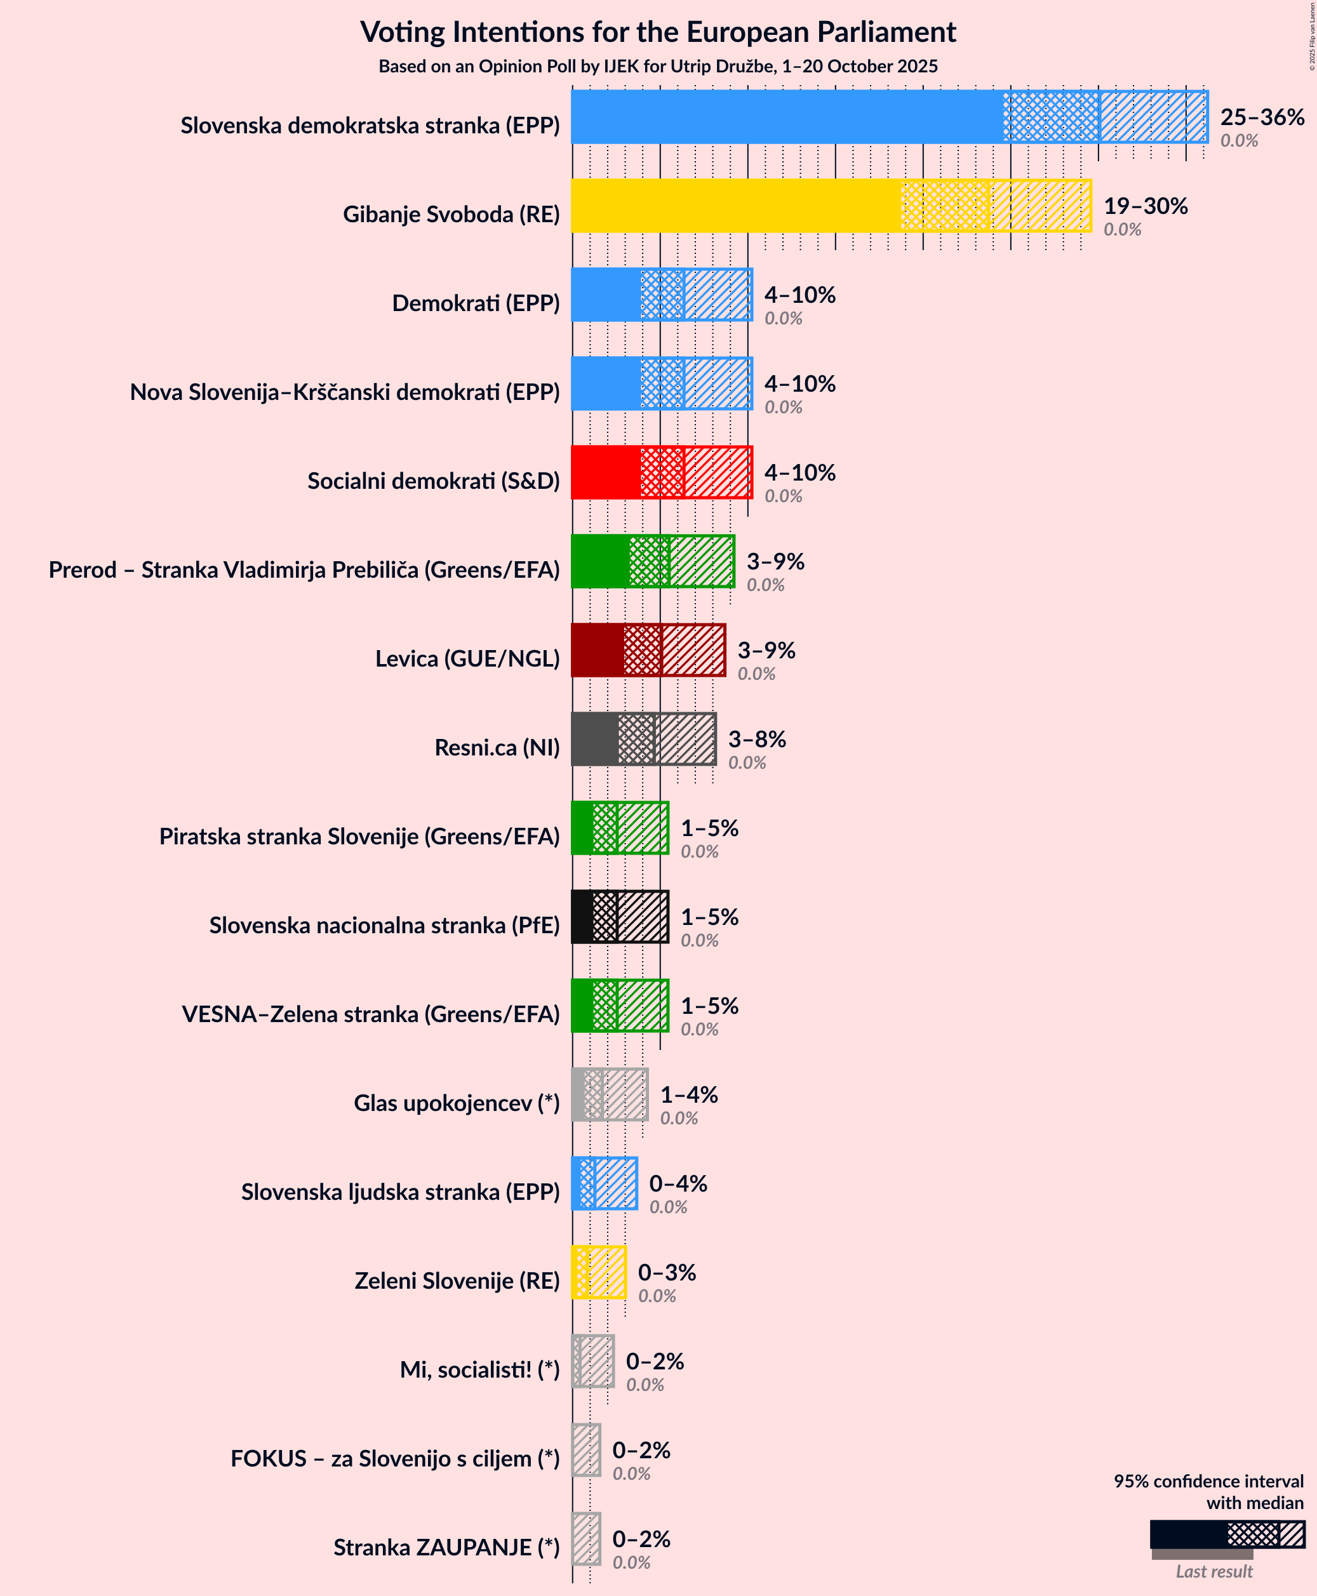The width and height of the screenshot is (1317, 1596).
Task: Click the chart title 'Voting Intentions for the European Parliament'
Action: coord(658,32)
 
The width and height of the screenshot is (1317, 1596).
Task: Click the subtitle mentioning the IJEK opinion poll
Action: coord(658,67)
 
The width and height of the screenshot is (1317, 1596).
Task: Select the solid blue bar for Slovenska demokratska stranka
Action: coord(786,117)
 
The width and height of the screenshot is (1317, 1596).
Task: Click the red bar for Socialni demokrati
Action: coord(605,472)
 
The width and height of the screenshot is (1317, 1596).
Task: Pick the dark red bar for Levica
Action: coord(597,650)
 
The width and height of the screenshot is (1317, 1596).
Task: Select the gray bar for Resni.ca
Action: coord(594,739)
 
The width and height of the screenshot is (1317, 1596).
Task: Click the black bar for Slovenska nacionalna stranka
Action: coord(582,916)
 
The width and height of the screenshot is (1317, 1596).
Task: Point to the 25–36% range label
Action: coord(1262,117)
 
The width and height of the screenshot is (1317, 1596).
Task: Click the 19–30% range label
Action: coord(1145,206)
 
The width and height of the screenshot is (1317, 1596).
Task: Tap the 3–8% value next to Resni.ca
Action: coord(756,739)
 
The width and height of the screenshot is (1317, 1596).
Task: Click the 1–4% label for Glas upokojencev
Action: coord(688,1094)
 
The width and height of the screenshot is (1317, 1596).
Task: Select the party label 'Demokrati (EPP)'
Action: coord(476,303)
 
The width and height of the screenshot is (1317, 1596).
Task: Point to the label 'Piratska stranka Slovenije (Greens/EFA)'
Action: coord(359,836)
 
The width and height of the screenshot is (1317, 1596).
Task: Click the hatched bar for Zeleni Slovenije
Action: coord(606,1272)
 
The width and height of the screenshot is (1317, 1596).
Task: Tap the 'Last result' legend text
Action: coord(1214,1571)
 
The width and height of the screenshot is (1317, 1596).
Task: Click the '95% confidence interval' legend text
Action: coord(1208,1480)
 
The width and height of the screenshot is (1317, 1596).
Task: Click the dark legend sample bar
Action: coord(1187,1534)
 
